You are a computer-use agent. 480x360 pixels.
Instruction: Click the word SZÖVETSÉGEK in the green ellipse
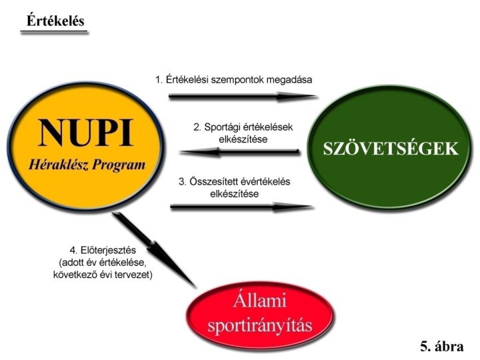click(391, 149)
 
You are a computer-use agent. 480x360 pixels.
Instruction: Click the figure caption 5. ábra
click(441, 346)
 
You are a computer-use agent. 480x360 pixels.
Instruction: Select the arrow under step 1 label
click(243, 97)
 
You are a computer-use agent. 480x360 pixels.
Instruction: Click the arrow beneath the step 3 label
click(241, 207)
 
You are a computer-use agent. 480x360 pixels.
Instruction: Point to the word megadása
click(291, 80)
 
